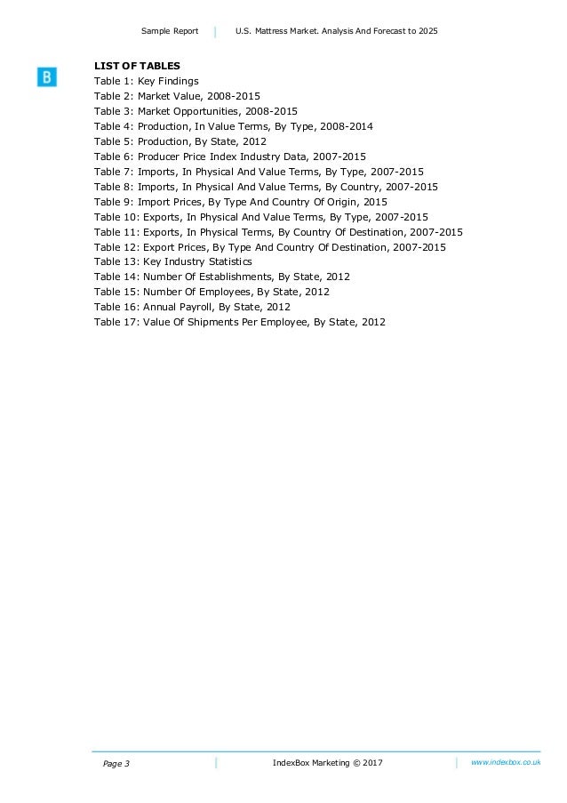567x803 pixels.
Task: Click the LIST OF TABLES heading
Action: (x=137, y=66)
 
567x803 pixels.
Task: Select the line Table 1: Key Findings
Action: (x=146, y=81)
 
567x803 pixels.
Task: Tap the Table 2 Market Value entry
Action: (x=177, y=96)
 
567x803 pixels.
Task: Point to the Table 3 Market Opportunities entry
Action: (x=196, y=111)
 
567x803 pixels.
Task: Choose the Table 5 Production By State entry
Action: (x=180, y=141)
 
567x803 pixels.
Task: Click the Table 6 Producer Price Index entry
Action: (x=229, y=157)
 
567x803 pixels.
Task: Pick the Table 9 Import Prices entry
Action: (x=240, y=202)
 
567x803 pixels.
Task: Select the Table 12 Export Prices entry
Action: (x=270, y=247)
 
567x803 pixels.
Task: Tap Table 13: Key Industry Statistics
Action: (x=172, y=262)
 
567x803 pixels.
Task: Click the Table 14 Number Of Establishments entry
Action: (x=222, y=277)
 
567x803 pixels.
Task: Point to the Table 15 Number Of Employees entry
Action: (x=212, y=292)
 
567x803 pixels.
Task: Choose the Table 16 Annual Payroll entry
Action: (x=192, y=307)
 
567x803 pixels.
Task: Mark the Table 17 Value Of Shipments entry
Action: (x=240, y=322)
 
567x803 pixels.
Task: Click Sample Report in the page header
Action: (x=170, y=32)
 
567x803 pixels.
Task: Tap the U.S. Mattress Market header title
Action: (x=337, y=32)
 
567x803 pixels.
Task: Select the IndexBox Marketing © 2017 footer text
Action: (x=327, y=764)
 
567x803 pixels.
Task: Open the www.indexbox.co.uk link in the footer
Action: (x=505, y=763)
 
